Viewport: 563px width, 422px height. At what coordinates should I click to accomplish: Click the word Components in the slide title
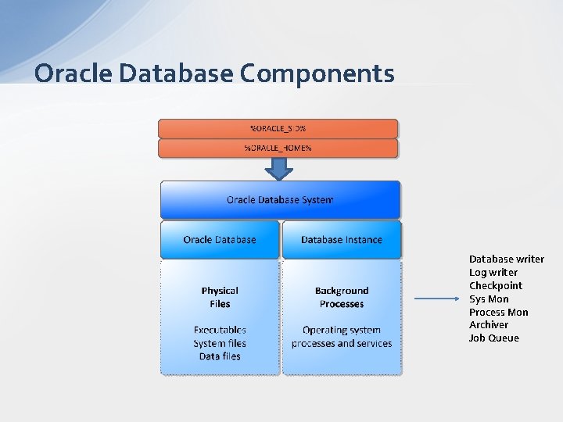point(317,73)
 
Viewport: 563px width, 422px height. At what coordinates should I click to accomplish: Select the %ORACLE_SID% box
point(278,128)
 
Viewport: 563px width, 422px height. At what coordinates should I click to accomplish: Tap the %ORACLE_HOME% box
point(278,148)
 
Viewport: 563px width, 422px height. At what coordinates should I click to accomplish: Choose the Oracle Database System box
point(280,200)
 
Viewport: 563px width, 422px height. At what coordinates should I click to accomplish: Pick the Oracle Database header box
point(220,239)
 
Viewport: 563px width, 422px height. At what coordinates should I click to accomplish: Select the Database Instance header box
point(342,239)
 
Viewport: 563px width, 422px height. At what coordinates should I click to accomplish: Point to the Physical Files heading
point(220,297)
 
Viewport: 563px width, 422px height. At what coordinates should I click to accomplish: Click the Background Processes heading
point(342,297)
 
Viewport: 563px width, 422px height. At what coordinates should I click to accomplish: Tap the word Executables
point(220,330)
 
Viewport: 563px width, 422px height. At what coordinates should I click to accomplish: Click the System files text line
point(220,343)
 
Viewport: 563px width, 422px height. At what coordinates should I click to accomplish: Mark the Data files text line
point(220,356)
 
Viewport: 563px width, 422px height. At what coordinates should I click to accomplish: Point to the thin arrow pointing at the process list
point(438,299)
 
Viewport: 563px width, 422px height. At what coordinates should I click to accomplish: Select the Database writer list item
point(506,259)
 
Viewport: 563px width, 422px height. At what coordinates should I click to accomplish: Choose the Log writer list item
point(493,272)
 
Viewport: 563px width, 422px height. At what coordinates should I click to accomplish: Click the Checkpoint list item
point(496,285)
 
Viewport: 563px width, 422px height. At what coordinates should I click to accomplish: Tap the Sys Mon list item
point(489,299)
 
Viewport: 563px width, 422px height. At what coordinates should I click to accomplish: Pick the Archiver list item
point(489,324)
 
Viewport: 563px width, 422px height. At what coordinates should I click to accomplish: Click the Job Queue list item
point(494,338)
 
